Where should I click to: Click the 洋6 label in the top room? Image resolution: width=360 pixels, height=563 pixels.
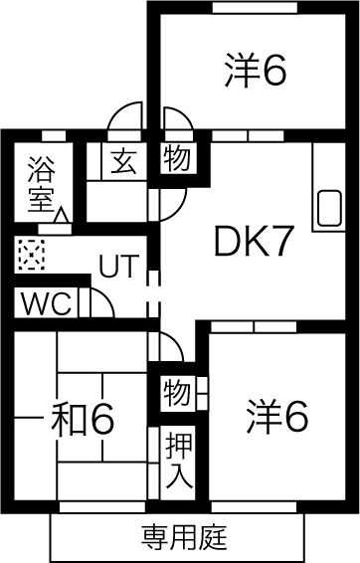pos(255,71)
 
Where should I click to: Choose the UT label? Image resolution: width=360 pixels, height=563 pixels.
pos(117,266)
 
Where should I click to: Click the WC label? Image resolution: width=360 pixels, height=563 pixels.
pos(44,303)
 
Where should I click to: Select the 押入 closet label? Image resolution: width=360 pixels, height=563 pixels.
pos(178,459)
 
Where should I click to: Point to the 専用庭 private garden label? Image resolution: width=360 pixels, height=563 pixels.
pos(184,538)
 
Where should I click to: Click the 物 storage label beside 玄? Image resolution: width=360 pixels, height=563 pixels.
pos(177,159)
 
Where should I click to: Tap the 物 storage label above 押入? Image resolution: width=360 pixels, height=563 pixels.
pos(177,394)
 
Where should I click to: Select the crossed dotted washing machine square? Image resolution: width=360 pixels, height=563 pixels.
pos(31,255)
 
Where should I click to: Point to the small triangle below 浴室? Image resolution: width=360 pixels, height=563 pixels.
pos(62,213)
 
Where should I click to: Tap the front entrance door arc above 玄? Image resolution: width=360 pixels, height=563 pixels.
pos(126,116)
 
